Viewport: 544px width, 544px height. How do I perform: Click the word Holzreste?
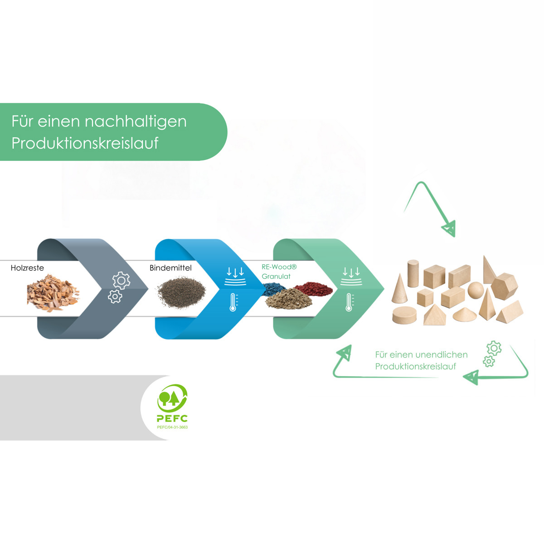(x=27, y=267)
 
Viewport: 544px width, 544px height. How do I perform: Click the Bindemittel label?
(x=170, y=267)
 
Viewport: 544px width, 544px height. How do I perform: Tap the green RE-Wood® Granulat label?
(x=279, y=272)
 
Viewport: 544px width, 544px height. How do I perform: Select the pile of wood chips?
(x=53, y=293)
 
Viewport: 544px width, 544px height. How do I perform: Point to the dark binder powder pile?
(x=181, y=293)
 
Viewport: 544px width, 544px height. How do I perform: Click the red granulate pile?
(x=313, y=288)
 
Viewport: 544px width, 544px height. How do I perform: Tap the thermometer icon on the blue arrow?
(x=233, y=302)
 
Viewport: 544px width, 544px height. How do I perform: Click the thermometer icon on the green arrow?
(x=349, y=302)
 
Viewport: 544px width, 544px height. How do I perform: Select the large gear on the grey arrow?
(x=121, y=280)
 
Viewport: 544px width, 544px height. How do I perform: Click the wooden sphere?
(x=476, y=290)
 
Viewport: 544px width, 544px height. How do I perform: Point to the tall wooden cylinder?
(x=413, y=273)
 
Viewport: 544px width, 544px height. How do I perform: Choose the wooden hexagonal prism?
(x=504, y=286)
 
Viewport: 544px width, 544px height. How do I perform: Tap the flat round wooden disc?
(x=404, y=315)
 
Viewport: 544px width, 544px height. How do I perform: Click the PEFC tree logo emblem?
(x=172, y=398)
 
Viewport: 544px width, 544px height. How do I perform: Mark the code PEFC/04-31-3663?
(x=172, y=427)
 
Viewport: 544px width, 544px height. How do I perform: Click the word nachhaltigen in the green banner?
(x=136, y=122)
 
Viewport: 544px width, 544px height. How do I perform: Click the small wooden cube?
(x=425, y=297)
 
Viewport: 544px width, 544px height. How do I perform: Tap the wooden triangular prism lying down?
(x=510, y=311)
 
